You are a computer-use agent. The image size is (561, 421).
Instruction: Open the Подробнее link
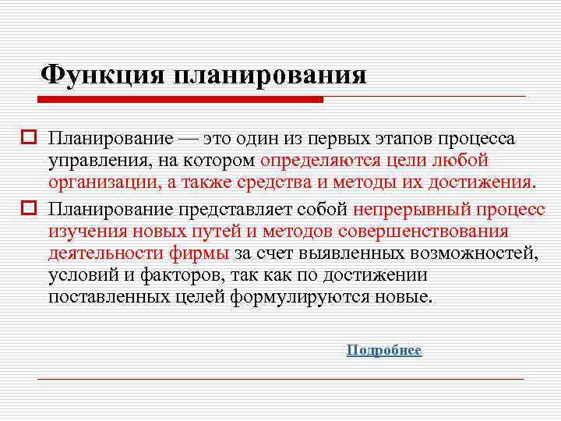click(384, 351)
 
